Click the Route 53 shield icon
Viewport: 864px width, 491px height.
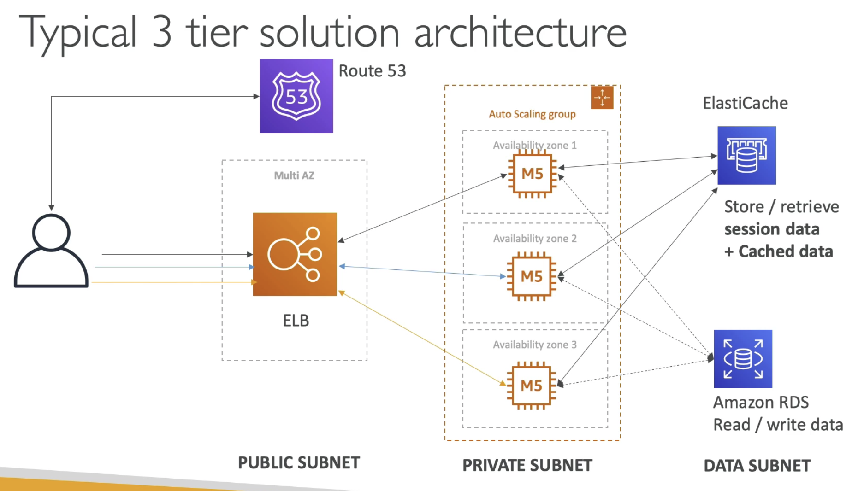296,96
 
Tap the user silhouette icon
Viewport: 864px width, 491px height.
51,251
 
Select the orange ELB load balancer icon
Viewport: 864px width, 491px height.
295,254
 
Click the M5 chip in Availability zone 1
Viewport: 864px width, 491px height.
532,174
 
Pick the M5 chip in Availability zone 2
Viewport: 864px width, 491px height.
532,276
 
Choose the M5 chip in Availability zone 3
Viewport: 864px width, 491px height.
531,386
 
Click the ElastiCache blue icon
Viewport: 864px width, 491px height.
746,155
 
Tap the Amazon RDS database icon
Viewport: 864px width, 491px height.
743,359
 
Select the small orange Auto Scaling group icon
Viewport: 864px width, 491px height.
602,98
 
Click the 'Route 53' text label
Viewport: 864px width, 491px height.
372,71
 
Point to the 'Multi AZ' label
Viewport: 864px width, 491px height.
294,175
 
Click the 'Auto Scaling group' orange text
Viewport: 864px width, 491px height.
532,114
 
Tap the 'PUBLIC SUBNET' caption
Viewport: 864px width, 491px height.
299,462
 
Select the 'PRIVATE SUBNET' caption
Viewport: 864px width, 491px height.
527,465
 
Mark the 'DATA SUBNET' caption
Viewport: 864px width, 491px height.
757,466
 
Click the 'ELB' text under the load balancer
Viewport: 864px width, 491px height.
296,321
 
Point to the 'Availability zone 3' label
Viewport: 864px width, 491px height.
535,345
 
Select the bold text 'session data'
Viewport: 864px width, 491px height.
772,229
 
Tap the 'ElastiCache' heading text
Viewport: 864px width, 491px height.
745,103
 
